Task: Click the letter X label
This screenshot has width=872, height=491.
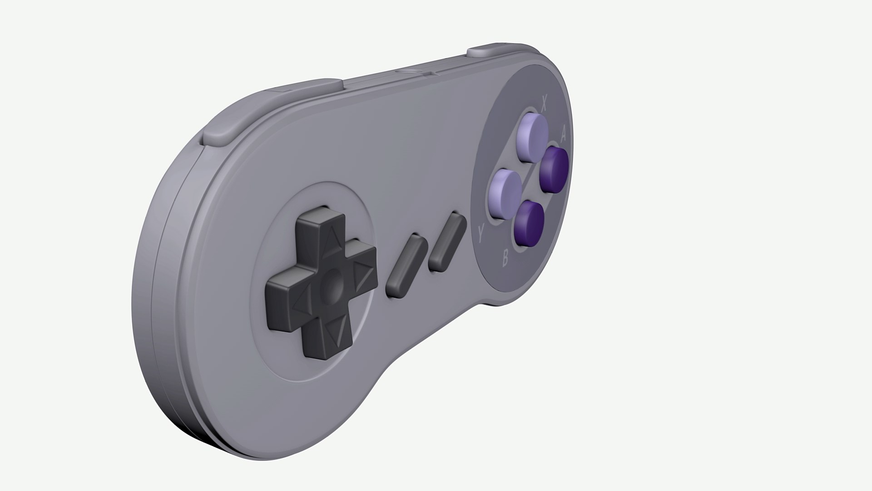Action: click(x=543, y=103)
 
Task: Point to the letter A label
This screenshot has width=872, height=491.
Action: click(x=564, y=134)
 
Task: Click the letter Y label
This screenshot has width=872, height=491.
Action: click(x=481, y=234)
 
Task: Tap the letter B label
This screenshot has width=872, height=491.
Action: click(x=505, y=260)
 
